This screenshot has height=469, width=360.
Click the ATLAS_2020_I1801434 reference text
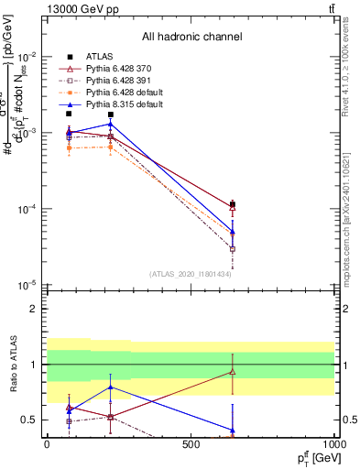pos(191,274)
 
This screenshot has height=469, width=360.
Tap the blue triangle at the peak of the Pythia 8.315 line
pos(111,124)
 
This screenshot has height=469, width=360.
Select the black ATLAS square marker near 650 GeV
pos(233,204)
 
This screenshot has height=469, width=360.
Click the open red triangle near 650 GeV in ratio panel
pos(233,372)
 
